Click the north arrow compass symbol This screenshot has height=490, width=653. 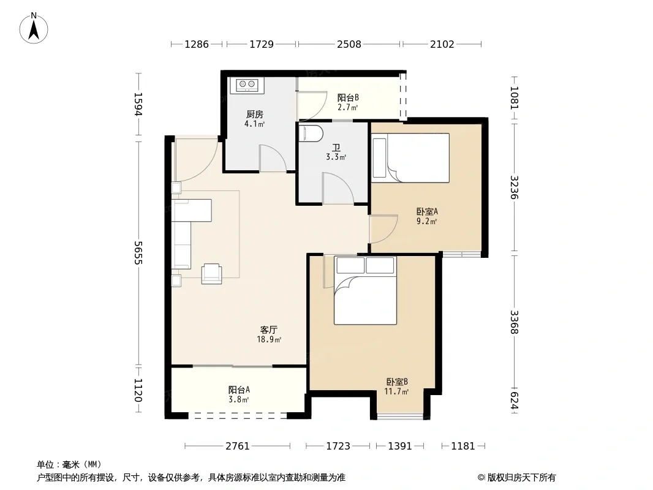point(34,28)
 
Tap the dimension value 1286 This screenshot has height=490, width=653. point(197,44)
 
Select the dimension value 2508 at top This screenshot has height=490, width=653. point(349,44)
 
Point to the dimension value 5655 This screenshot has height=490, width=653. point(138,253)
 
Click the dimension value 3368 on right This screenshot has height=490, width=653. point(515,322)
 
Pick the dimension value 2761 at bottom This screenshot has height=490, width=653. point(238,447)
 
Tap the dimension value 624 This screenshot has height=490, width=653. point(515,401)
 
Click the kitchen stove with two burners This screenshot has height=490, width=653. point(247,85)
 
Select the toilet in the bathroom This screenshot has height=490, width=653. point(311,134)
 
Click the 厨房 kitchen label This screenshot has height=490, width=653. point(254,114)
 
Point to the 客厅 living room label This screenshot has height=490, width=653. point(269,330)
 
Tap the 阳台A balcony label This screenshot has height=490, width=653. point(239,390)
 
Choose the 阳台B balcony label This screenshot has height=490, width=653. point(348,97)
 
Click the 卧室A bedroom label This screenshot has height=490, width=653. point(428,211)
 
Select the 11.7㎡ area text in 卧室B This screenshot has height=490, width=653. point(396,391)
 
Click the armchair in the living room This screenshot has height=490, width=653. point(211,274)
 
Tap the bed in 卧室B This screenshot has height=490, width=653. point(365,290)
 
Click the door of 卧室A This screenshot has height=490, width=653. point(383,229)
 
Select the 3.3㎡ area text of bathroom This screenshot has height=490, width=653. point(336,157)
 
